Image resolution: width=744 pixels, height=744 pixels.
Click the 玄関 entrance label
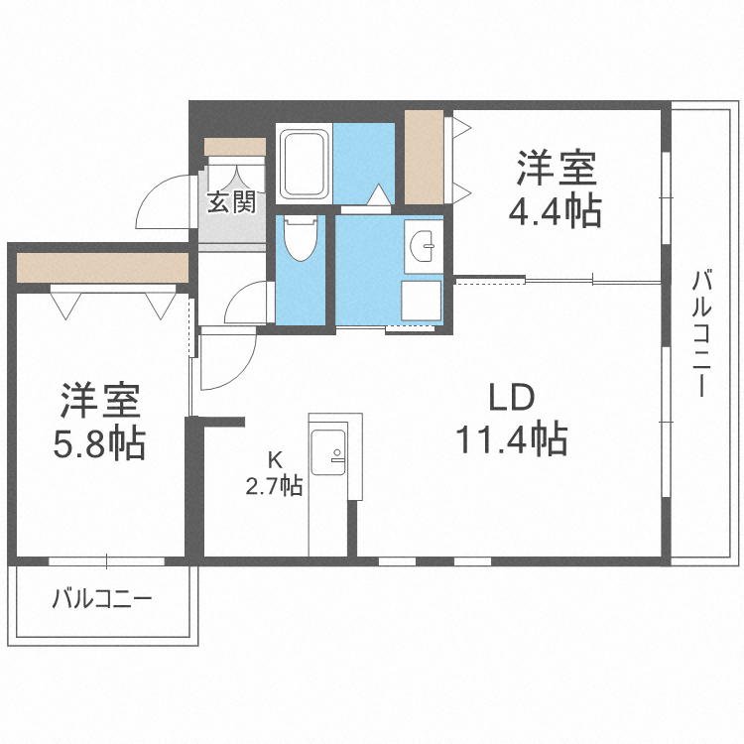232,201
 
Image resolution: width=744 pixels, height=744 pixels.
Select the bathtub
304,164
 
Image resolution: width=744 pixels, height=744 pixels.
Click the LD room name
511,399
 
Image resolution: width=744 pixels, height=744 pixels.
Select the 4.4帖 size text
556,210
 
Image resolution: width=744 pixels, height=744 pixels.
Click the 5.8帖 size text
99,442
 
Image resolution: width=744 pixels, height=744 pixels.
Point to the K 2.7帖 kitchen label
275,473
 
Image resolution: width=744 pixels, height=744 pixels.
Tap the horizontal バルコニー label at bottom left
101,599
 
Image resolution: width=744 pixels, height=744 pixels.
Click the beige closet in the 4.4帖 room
424,156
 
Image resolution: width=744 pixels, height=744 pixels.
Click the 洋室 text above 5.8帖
99,402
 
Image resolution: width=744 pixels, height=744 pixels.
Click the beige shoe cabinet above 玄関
235,146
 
